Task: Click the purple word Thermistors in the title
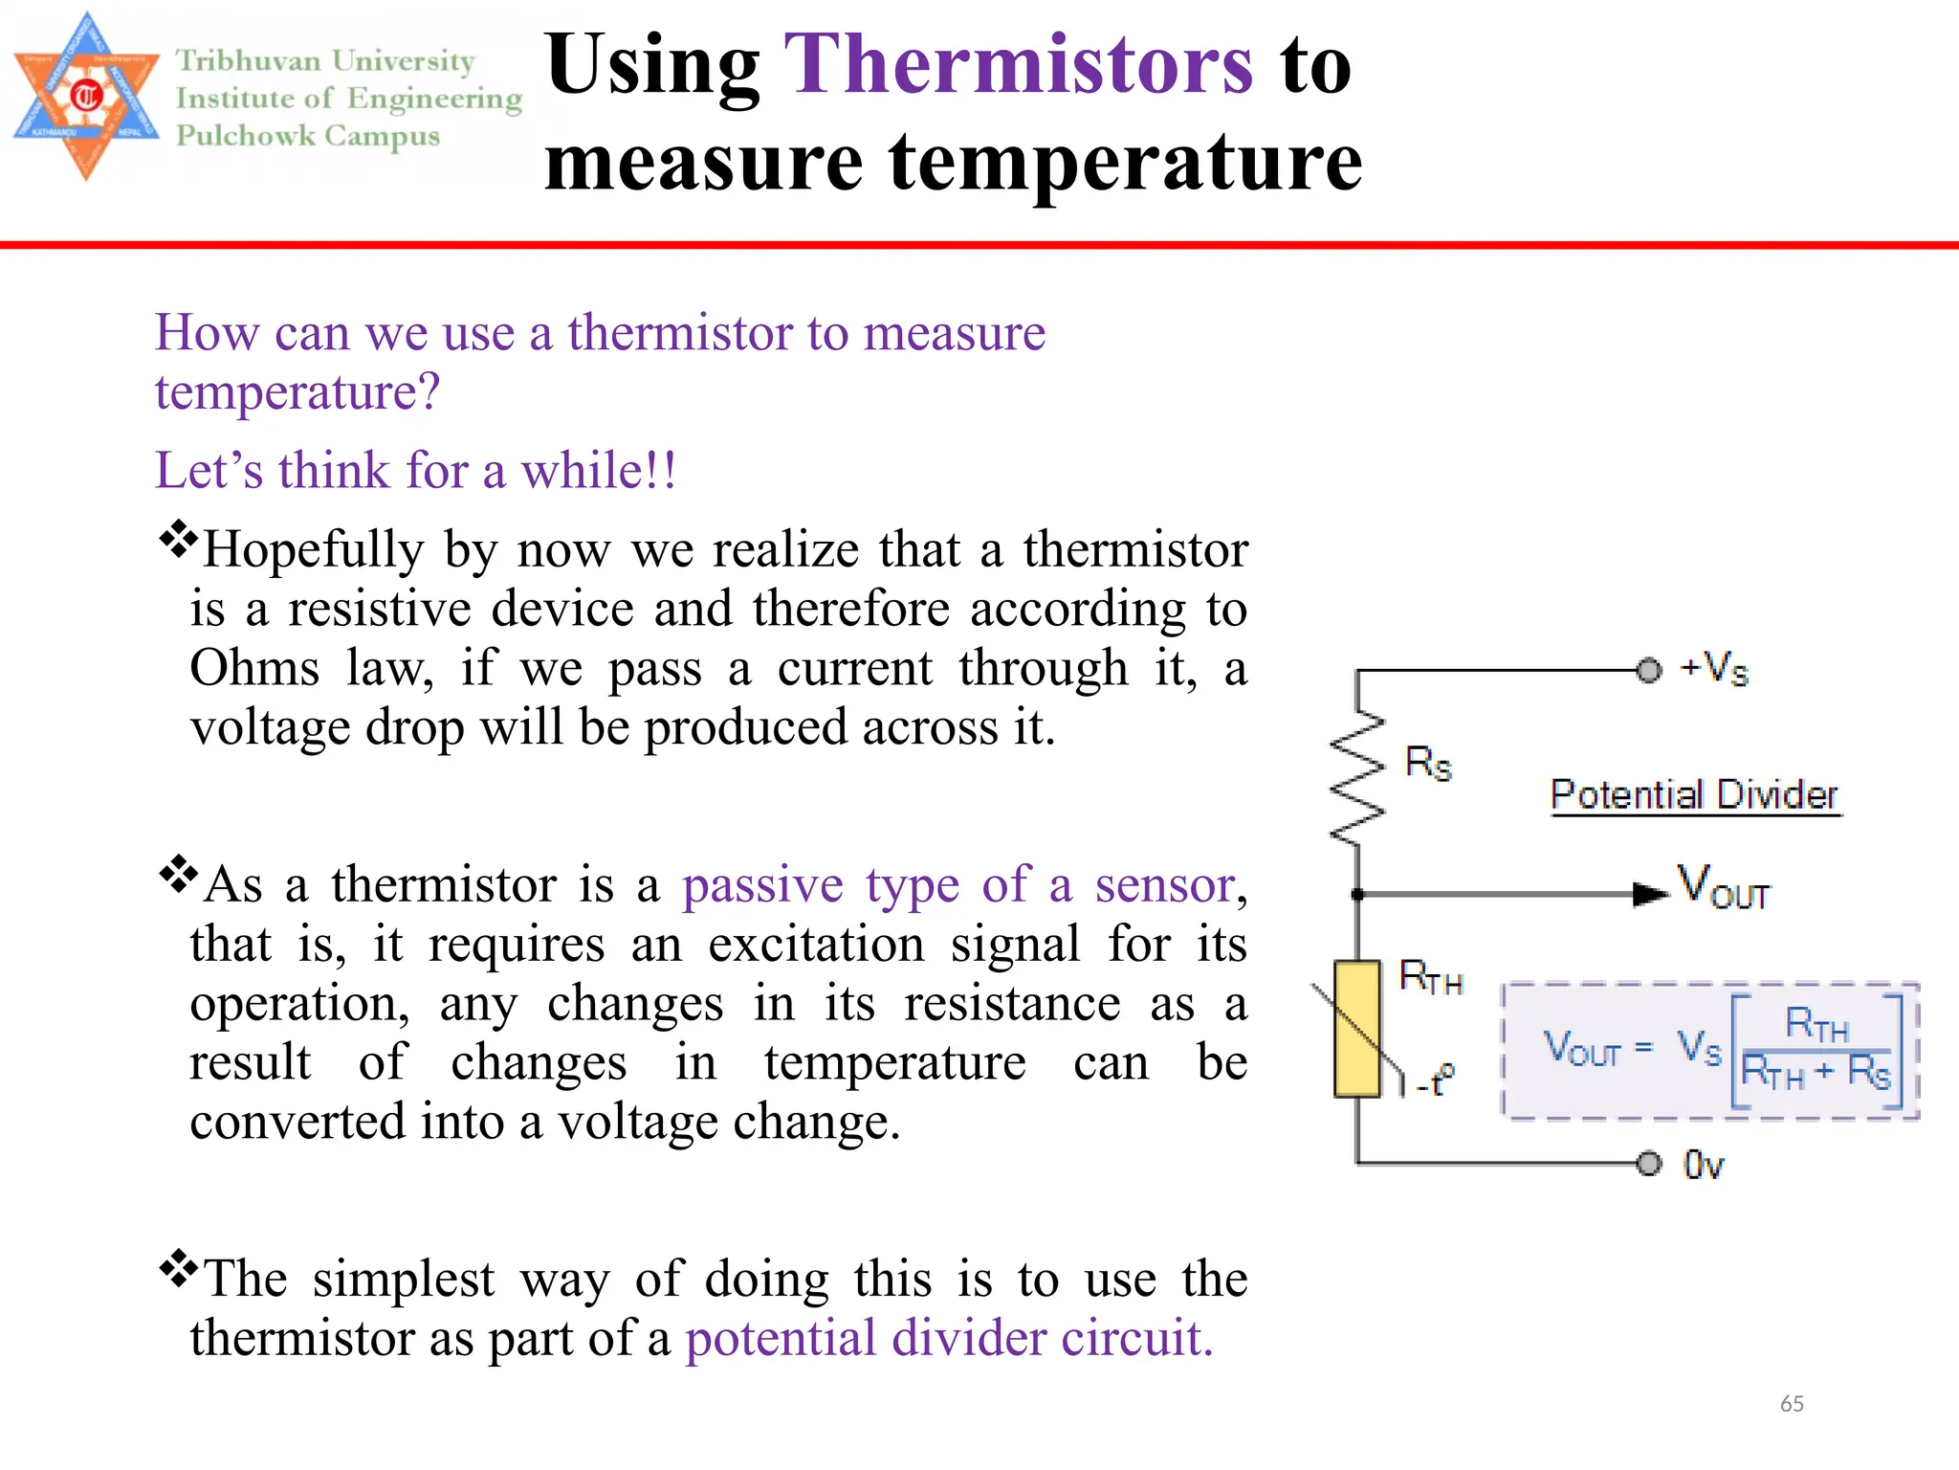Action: pyautogui.click(x=1018, y=65)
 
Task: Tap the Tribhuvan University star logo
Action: pyautogui.click(x=86, y=97)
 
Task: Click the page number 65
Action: pyautogui.click(x=1792, y=1404)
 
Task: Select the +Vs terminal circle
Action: pyautogui.click(x=1648, y=670)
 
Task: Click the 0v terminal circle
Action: pyautogui.click(x=1648, y=1164)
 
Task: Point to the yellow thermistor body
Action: pyautogui.click(x=1357, y=1028)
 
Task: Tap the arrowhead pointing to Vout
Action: pyautogui.click(x=1649, y=894)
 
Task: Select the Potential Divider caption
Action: pyautogui.click(x=1694, y=795)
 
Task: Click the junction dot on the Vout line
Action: pyautogui.click(x=1357, y=894)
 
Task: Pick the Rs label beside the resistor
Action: pyautogui.click(x=1428, y=764)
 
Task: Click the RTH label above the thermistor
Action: pyautogui.click(x=1431, y=977)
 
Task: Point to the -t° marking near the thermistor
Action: pyautogui.click(x=1435, y=1080)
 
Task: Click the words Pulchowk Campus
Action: pyautogui.click(x=308, y=136)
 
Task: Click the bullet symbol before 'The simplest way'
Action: pyautogui.click(x=178, y=1269)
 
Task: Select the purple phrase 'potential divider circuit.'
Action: pyautogui.click(x=949, y=1338)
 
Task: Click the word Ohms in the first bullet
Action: pyautogui.click(x=254, y=668)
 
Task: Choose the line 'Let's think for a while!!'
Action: pyautogui.click(x=416, y=471)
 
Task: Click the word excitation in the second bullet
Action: pyautogui.click(x=816, y=945)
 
